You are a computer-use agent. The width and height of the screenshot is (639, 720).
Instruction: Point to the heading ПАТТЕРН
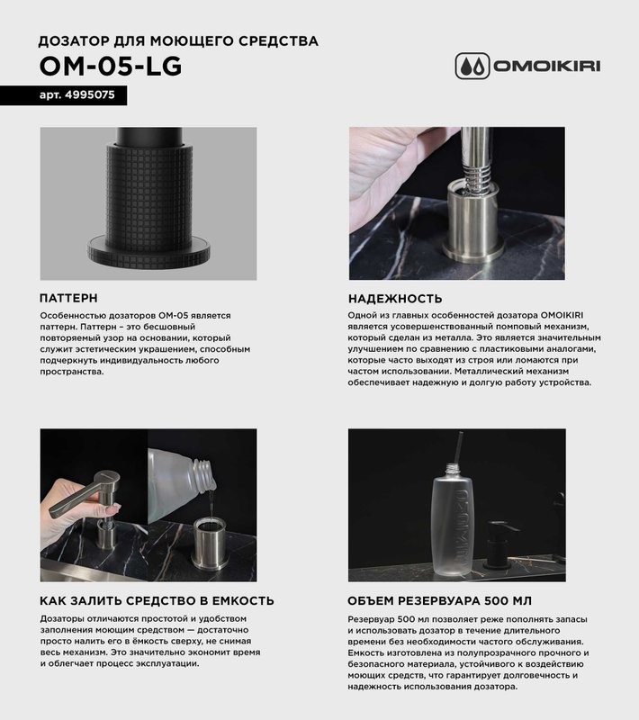[x=69, y=298]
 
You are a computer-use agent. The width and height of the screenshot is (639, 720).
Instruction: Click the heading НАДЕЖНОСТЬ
[x=394, y=298]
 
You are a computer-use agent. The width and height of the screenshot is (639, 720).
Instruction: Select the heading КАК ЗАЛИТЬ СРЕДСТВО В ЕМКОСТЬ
[x=157, y=600]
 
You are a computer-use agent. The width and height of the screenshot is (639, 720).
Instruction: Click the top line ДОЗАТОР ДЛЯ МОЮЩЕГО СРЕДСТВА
[x=178, y=41]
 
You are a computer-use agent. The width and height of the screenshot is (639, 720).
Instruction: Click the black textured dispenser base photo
[x=148, y=202]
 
